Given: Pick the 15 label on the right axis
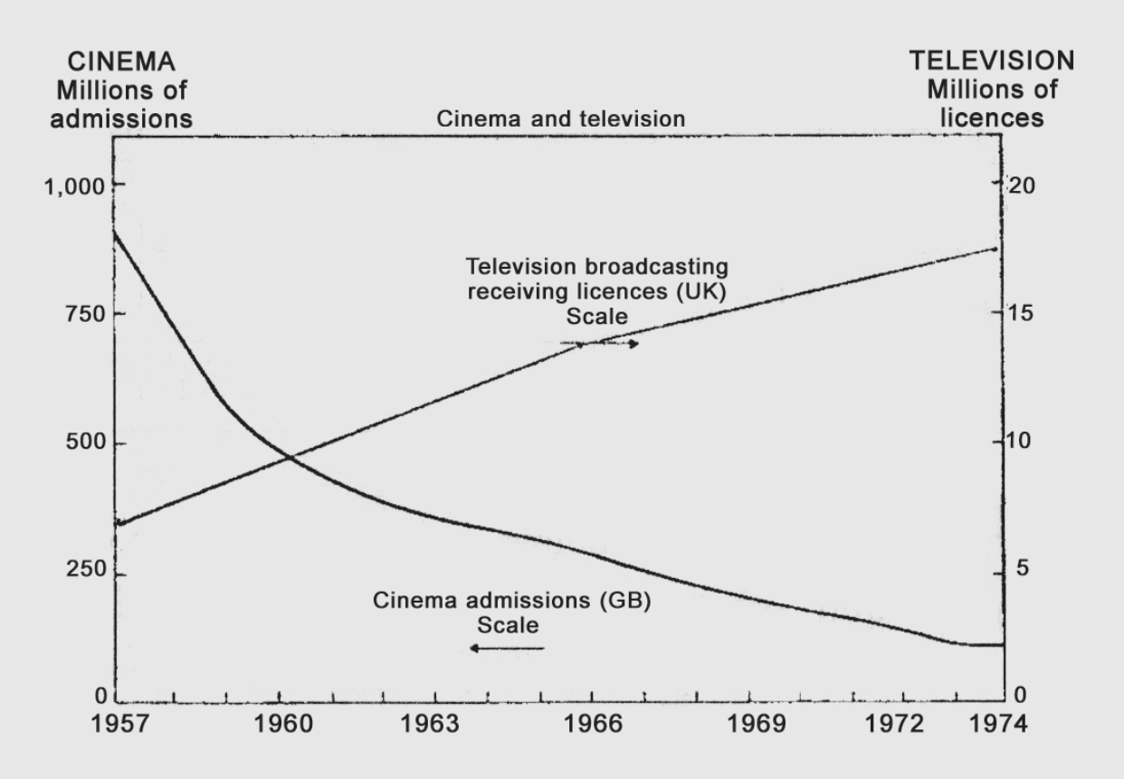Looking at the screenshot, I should [x=1020, y=315].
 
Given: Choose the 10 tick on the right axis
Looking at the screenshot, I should [x=1020, y=444].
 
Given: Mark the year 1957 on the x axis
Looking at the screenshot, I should [x=119, y=727].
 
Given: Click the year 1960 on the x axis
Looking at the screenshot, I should [x=279, y=727].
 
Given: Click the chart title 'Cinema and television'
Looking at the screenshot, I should [x=561, y=119].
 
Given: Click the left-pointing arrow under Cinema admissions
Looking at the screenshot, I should [x=507, y=648].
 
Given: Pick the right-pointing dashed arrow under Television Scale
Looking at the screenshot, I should [x=599, y=344].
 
